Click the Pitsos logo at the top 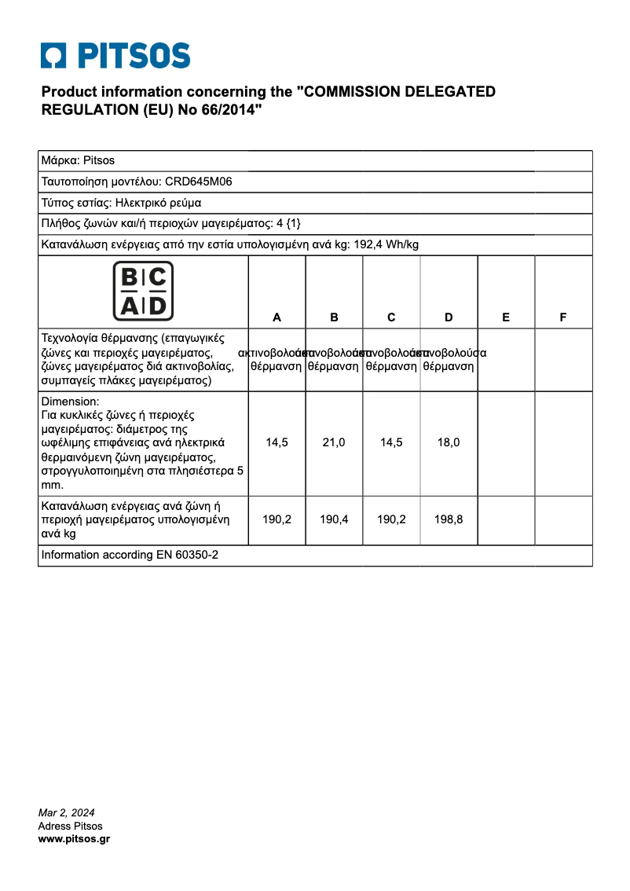coord(115,57)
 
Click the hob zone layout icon coord(143,291)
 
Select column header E coord(506,317)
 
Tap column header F coord(563,317)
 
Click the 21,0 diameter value coord(334,442)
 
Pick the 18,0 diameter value coord(449,442)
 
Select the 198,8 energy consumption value coord(449,519)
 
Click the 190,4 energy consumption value coord(334,519)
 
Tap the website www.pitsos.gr coord(74,839)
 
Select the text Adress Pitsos coord(70,826)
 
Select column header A coord(277,317)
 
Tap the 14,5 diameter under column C coord(391,442)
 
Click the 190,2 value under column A coord(277,519)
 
